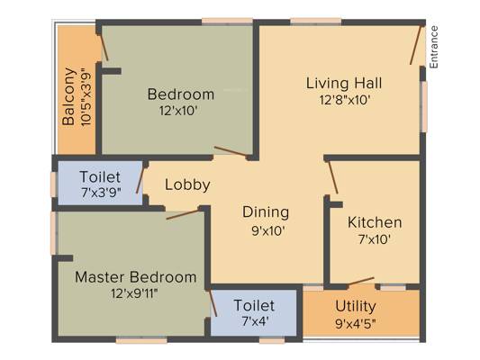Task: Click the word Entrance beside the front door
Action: pyautogui.click(x=434, y=47)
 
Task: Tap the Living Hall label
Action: pyautogui.click(x=344, y=83)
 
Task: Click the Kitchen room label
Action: pyautogui.click(x=375, y=222)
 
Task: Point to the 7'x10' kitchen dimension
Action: pyautogui.click(x=375, y=239)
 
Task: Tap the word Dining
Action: pyautogui.click(x=266, y=212)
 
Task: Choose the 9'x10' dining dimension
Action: pyautogui.click(x=268, y=231)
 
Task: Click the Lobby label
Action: pyautogui.click(x=187, y=184)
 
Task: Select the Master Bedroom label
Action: pyautogui.click(x=136, y=277)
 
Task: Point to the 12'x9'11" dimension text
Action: pyautogui.click(x=134, y=294)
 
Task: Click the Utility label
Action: pyautogui.click(x=356, y=307)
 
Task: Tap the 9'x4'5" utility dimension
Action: pyautogui.click(x=356, y=324)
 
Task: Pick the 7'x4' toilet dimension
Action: pyautogui.click(x=255, y=321)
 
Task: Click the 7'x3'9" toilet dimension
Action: pyautogui.click(x=102, y=193)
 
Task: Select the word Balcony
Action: pyautogui.click(x=68, y=96)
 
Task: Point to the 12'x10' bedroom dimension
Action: pyautogui.click(x=177, y=111)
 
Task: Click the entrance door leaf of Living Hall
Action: pyautogui.click(x=415, y=45)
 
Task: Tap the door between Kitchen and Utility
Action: pyautogui.click(x=360, y=281)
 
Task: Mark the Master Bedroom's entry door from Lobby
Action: pyautogui.click(x=183, y=214)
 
